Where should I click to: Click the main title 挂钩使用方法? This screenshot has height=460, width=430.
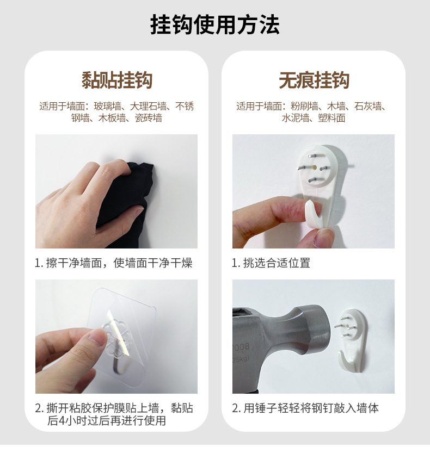coord(215,26)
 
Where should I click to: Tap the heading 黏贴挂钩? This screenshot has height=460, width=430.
coord(116,80)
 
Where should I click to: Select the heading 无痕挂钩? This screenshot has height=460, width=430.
coord(314,80)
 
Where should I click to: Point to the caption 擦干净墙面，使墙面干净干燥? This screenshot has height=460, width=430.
coord(114,263)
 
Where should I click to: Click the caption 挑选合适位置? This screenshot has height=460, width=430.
coord(271,263)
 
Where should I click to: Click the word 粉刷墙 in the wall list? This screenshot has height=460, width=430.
coord(305,107)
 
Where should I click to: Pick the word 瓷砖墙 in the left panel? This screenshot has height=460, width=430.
coord(149,118)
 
